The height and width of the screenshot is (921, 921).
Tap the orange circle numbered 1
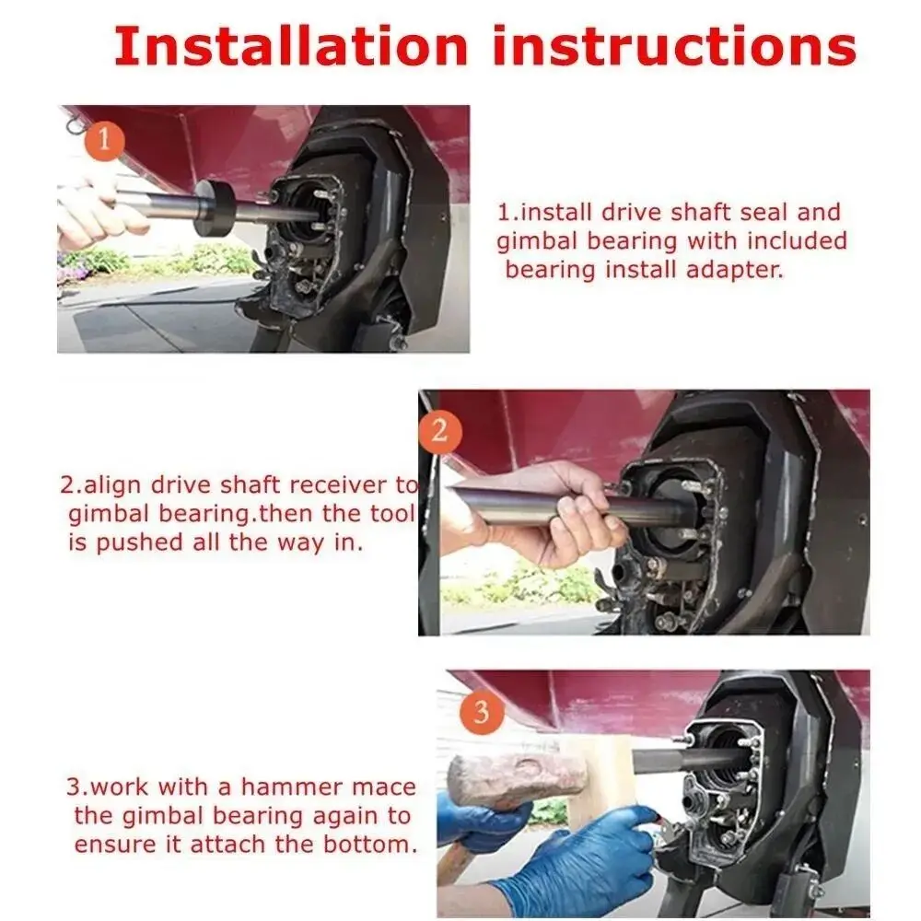click(104, 141)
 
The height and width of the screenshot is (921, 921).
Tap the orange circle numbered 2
click(440, 432)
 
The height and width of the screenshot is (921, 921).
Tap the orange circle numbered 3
click(482, 712)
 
